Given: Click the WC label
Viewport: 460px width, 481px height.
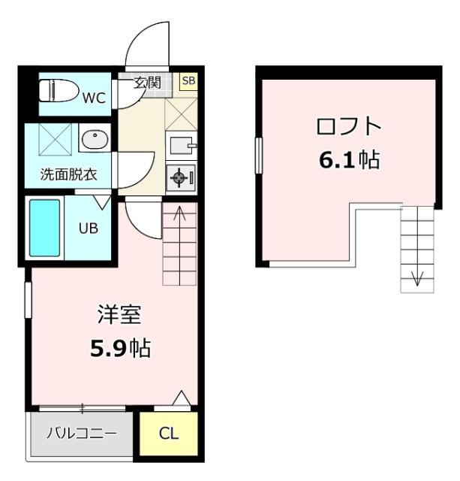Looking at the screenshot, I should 95,97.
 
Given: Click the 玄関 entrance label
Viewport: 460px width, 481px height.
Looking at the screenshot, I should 147,82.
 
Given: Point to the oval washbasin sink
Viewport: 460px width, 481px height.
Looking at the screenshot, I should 94,139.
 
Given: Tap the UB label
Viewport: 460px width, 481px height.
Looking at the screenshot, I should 89,228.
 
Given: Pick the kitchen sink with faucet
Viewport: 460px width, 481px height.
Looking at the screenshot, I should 182,144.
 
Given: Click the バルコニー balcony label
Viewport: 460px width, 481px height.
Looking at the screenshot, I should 81,434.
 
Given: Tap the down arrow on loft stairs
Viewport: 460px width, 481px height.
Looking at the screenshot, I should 416,279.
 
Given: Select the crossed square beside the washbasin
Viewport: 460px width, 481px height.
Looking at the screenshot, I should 52,139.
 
